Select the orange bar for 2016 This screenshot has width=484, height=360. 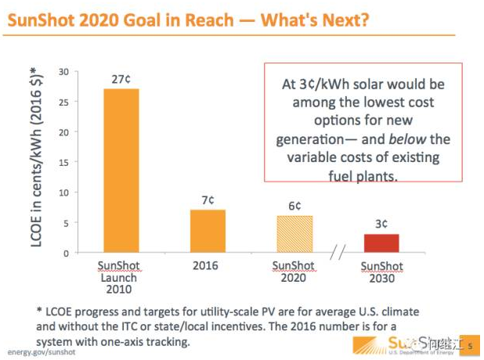tap(208, 232)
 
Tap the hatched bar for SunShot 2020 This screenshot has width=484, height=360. tap(294, 234)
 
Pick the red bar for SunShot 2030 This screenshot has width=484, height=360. tap(381, 243)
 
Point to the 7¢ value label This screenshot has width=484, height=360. tap(208, 200)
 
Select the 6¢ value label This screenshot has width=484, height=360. tap(294, 206)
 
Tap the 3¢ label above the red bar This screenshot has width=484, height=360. tap(381, 224)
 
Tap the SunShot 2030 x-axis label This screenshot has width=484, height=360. tap(381, 272)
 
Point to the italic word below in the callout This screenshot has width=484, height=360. tap(406, 139)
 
